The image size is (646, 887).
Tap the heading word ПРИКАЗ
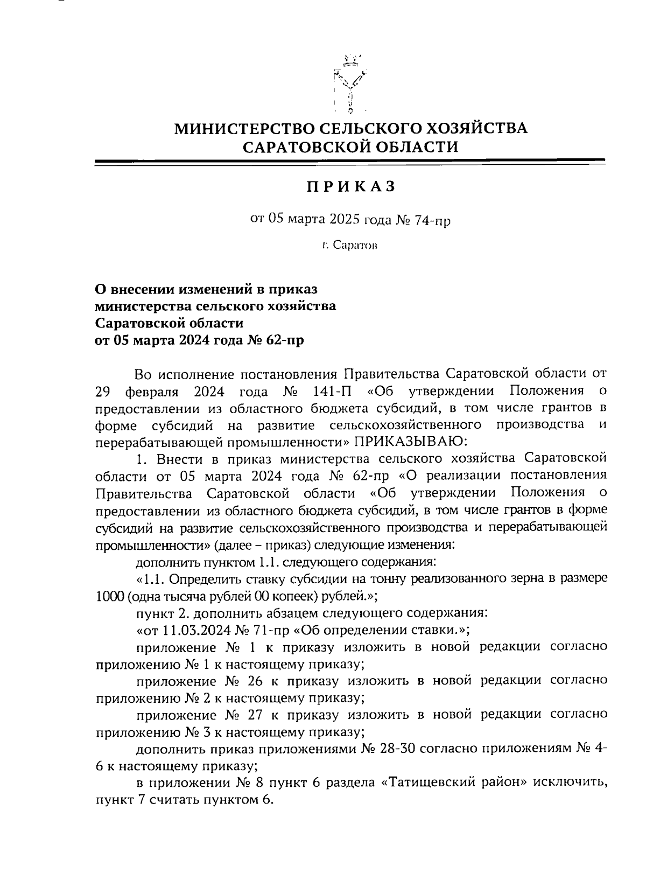pos(351,186)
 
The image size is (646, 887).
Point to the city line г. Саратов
pos(350,246)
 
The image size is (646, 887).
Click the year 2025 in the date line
pos(346,220)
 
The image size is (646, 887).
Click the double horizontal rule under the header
pos(350,162)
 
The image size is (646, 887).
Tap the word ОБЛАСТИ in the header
pos(412,146)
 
